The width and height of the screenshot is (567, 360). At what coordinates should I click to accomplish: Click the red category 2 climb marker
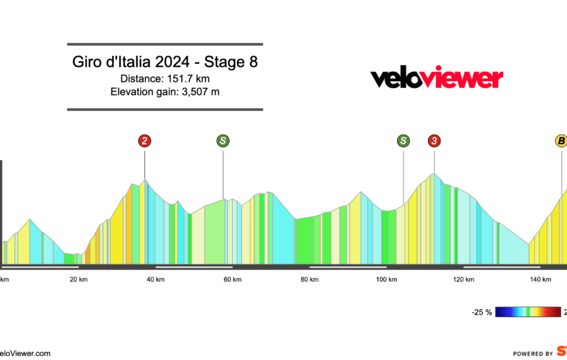pyautogui.click(x=144, y=140)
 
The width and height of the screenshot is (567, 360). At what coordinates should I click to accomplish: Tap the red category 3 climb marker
pyautogui.click(x=434, y=140)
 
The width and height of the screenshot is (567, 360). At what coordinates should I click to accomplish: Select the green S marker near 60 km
pyautogui.click(x=223, y=140)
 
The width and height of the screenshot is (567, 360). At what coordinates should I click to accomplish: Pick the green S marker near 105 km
pyautogui.click(x=403, y=140)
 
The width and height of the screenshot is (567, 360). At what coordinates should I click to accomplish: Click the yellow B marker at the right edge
pyautogui.click(x=560, y=140)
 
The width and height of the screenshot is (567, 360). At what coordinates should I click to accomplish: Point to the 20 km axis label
pyautogui.click(x=78, y=280)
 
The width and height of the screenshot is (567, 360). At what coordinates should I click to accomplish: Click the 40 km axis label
pyautogui.click(x=156, y=280)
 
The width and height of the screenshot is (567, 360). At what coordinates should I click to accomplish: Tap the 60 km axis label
pyautogui.click(x=232, y=280)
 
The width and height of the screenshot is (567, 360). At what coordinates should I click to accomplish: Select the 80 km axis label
pyautogui.click(x=309, y=280)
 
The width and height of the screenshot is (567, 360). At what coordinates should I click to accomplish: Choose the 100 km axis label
pyautogui.click(x=386, y=280)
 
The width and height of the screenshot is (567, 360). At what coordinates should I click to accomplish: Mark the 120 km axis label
pyautogui.click(x=463, y=280)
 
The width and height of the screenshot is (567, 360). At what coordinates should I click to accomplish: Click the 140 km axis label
pyautogui.click(x=541, y=280)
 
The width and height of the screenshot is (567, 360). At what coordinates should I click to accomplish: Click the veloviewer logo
pyautogui.click(x=436, y=78)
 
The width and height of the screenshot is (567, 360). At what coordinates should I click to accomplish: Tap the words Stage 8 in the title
pyautogui.click(x=231, y=63)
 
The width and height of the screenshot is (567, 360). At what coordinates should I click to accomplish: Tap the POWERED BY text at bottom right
pyautogui.click(x=533, y=353)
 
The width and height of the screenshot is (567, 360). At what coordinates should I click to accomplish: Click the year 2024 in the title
pyautogui.click(x=171, y=63)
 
